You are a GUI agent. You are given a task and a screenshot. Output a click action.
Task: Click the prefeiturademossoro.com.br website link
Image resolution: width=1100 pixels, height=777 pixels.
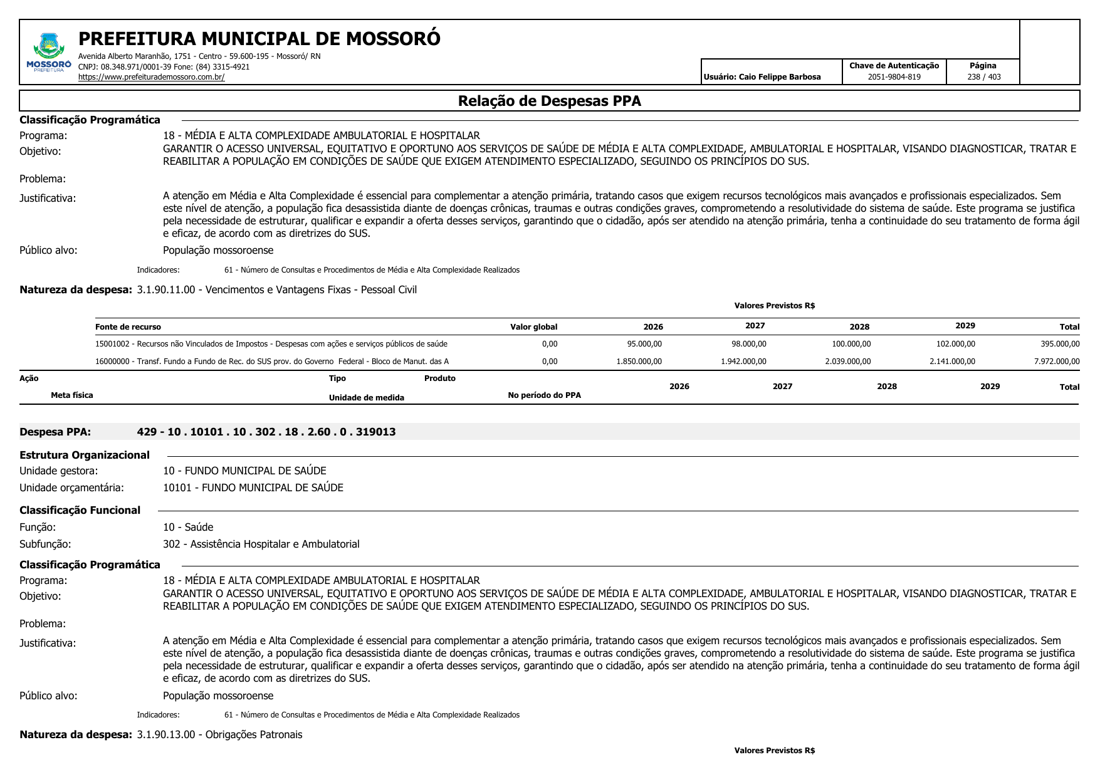[151, 77]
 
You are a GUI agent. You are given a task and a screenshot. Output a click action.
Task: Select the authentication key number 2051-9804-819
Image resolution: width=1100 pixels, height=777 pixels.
[894, 77]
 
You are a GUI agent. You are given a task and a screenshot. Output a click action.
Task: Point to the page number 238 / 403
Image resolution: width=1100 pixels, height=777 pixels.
[983, 77]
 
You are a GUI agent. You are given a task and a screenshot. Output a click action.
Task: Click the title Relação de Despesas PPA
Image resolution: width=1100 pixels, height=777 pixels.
[549, 101]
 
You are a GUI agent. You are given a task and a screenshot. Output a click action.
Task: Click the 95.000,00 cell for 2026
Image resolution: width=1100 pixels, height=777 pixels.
[644, 344]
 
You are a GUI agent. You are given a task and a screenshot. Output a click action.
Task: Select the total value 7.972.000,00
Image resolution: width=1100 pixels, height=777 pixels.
[1057, 362]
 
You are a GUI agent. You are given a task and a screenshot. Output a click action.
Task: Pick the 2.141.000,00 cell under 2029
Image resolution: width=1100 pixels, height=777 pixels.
[952, 362]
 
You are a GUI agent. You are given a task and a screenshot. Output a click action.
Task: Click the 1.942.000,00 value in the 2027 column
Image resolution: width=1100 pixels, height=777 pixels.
[743, 362]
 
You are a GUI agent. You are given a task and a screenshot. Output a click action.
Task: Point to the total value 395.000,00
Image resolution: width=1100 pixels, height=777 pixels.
[1060, 344]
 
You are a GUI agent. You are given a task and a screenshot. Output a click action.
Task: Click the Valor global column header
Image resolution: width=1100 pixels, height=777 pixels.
[533, 326]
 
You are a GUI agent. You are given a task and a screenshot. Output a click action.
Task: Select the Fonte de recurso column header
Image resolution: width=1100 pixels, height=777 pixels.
[128, 326]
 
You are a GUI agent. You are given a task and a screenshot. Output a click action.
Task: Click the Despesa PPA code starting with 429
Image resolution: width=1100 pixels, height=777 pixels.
[266, 432]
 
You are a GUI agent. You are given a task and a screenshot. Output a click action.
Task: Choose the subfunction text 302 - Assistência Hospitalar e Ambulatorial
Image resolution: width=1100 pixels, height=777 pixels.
[261, 544]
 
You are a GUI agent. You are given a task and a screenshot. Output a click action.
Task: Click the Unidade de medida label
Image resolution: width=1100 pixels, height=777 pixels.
[366, 398]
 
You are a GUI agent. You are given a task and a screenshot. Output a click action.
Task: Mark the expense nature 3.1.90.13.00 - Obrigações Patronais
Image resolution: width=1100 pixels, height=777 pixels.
[219, 734]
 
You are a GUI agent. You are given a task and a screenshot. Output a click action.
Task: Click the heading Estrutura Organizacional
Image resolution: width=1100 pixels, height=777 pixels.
[85, 455]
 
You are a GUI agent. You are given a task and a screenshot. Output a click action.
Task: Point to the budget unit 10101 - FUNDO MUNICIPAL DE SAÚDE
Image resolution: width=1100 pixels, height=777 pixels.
[253, 488]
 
